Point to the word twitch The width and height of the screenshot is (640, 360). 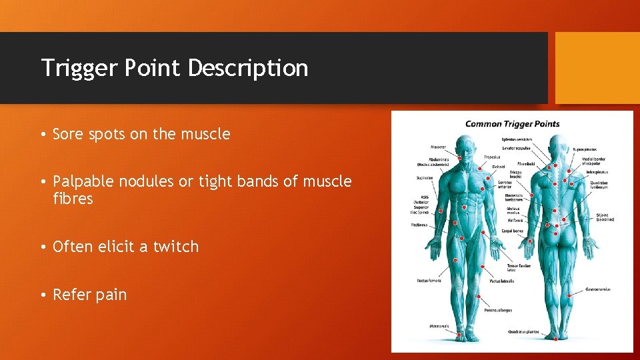(176, 247)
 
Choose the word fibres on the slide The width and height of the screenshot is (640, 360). (73, 199)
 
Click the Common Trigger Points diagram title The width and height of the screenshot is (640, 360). (512, 123)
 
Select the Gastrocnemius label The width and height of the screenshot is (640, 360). (597, 289)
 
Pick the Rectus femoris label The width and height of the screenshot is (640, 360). (429, 281)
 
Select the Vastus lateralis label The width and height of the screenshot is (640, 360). (501, 281)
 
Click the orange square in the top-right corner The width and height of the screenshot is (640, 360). (597, 68)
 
